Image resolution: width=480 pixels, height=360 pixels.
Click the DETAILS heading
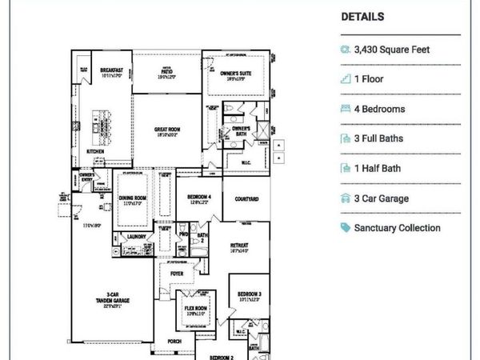tap(362, 16)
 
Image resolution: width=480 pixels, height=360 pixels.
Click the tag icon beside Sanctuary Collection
tap(346, 228)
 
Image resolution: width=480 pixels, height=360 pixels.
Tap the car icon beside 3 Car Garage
tap(346, 198)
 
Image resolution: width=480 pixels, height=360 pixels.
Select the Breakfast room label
tap(111, 70)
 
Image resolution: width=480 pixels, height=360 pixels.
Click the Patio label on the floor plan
tap(166, 70)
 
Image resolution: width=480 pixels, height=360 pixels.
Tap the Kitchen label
tap(97, 150)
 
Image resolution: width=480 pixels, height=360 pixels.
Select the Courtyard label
tap(246, 200)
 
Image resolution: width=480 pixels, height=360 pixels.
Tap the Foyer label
tap(177, 273)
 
